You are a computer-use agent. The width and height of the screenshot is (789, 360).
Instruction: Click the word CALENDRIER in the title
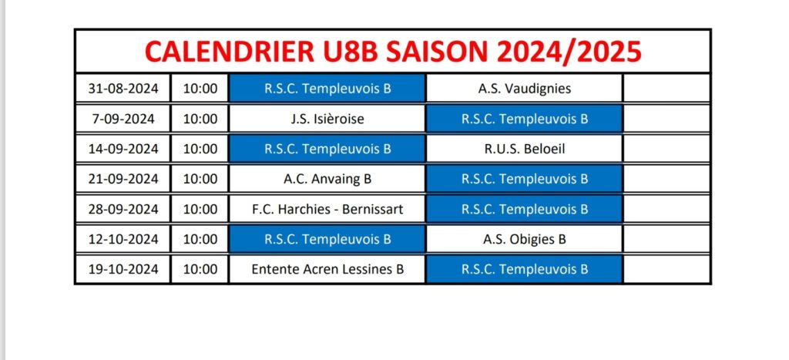coord(227,52)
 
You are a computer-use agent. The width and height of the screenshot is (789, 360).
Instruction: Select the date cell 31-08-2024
coord(123,89)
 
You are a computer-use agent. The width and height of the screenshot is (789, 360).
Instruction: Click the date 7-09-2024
coord(123,119)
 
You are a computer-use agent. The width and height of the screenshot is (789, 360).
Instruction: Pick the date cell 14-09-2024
coord(123,149)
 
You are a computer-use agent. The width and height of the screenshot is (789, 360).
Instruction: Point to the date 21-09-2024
coord(123,179)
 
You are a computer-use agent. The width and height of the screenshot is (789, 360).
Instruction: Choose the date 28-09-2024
coord(123,209)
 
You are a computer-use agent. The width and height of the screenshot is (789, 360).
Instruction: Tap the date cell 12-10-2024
coord(123,239)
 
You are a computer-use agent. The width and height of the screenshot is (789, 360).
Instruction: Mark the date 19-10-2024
coord(123,269)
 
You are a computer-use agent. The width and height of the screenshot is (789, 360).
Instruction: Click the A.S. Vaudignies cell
coord(524,89)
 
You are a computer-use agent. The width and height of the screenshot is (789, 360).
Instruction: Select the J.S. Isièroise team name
coord(327,119)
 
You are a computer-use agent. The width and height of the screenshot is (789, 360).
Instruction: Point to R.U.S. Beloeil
coord(524,149)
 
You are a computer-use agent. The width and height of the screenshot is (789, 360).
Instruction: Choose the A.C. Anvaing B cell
coord(327,179)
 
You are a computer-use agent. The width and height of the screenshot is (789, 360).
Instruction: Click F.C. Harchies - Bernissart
coord(327,209)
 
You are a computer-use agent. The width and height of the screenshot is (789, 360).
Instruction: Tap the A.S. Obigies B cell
coord(524,239)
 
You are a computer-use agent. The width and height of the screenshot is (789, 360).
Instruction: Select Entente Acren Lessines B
coord(327,269)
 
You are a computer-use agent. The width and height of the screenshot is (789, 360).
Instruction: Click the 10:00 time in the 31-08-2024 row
coord(200,89)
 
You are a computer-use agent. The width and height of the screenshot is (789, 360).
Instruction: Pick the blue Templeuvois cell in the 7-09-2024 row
coord(524,119)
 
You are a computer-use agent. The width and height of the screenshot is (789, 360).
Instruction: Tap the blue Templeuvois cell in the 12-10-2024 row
coord(327,239)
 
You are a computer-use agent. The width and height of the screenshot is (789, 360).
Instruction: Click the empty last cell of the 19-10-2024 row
coord(666,269)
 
